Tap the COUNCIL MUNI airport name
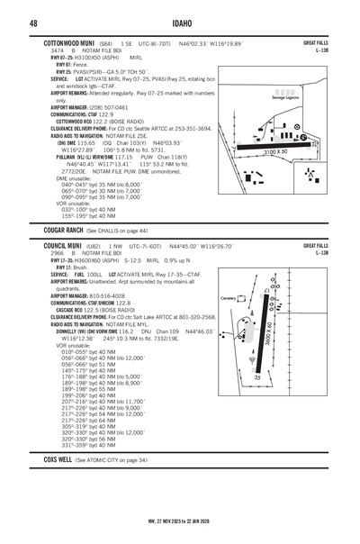click(x=63, y=245)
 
